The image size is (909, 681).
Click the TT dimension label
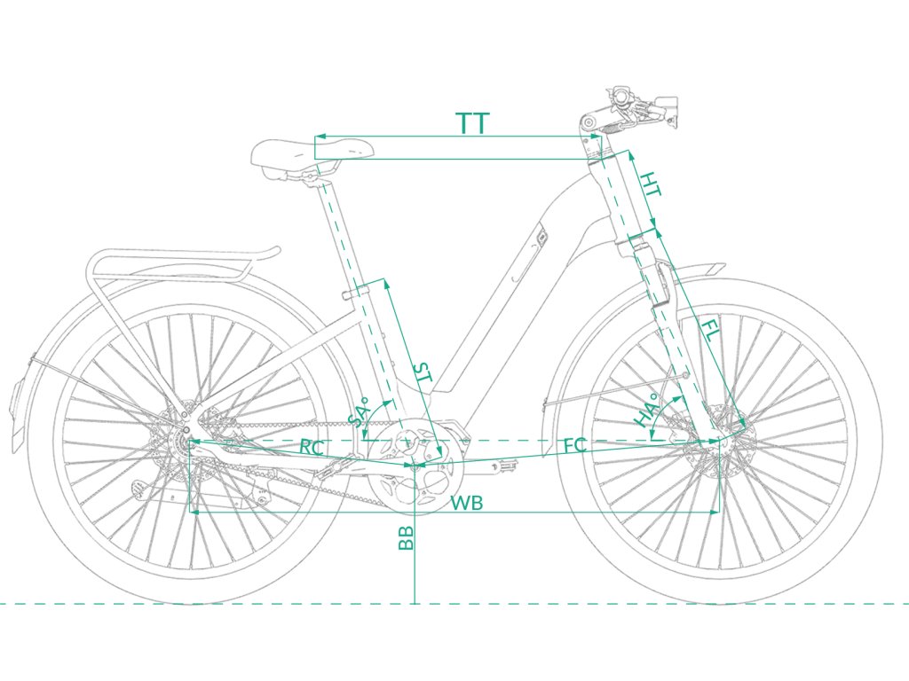point(473,123)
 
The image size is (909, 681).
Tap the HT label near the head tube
point(651,185)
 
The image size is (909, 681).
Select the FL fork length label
point(711,333)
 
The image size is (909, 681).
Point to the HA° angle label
point(647,410)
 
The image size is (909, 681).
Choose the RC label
point(311,447)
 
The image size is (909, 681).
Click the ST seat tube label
point(423,373)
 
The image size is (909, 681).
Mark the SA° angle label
point(360,412)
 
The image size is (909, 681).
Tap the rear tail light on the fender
point(18,404)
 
